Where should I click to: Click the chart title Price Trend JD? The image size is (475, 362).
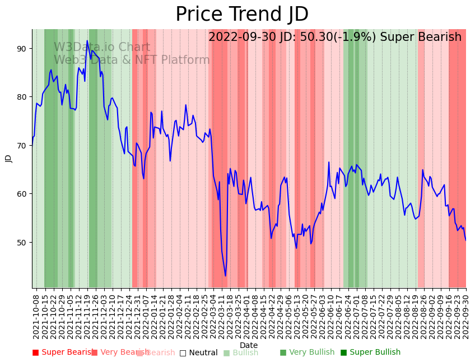[242, 15]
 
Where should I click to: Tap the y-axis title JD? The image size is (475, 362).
[8, 159]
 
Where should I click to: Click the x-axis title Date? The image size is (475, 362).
[249, 345]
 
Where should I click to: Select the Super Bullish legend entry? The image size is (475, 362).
[370, 352]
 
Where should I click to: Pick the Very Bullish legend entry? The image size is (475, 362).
[307, 352]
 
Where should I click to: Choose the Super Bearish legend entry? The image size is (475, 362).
[63, 352]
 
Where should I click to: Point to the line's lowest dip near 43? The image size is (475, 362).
[226, 276]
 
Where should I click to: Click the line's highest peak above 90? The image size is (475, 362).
[87, 40]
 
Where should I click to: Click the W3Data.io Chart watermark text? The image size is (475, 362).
[102, 48]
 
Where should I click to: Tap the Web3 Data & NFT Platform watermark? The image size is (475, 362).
[132, 61]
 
